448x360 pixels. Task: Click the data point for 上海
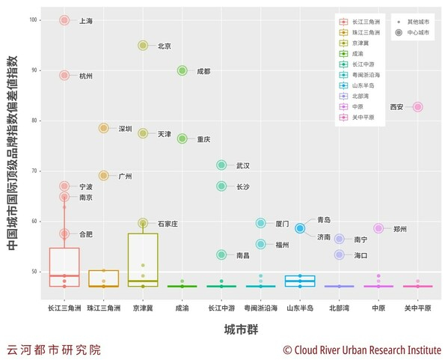64,20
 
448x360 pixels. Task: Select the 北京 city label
165,46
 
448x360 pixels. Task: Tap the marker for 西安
417,107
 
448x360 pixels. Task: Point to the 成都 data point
182,70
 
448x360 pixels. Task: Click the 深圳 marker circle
104,128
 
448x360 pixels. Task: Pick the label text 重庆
203,139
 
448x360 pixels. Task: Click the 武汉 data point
221,165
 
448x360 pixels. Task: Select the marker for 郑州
378,228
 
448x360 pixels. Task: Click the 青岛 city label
323,220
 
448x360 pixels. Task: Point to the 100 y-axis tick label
34,20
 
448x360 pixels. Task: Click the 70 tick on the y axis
36,171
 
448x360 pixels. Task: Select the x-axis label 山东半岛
300,308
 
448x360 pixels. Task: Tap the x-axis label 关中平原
417,308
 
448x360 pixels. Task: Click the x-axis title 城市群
242,329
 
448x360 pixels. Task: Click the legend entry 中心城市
417,34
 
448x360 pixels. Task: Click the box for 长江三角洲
64,266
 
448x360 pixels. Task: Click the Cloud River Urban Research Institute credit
361,350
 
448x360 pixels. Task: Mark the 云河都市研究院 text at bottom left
53,350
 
